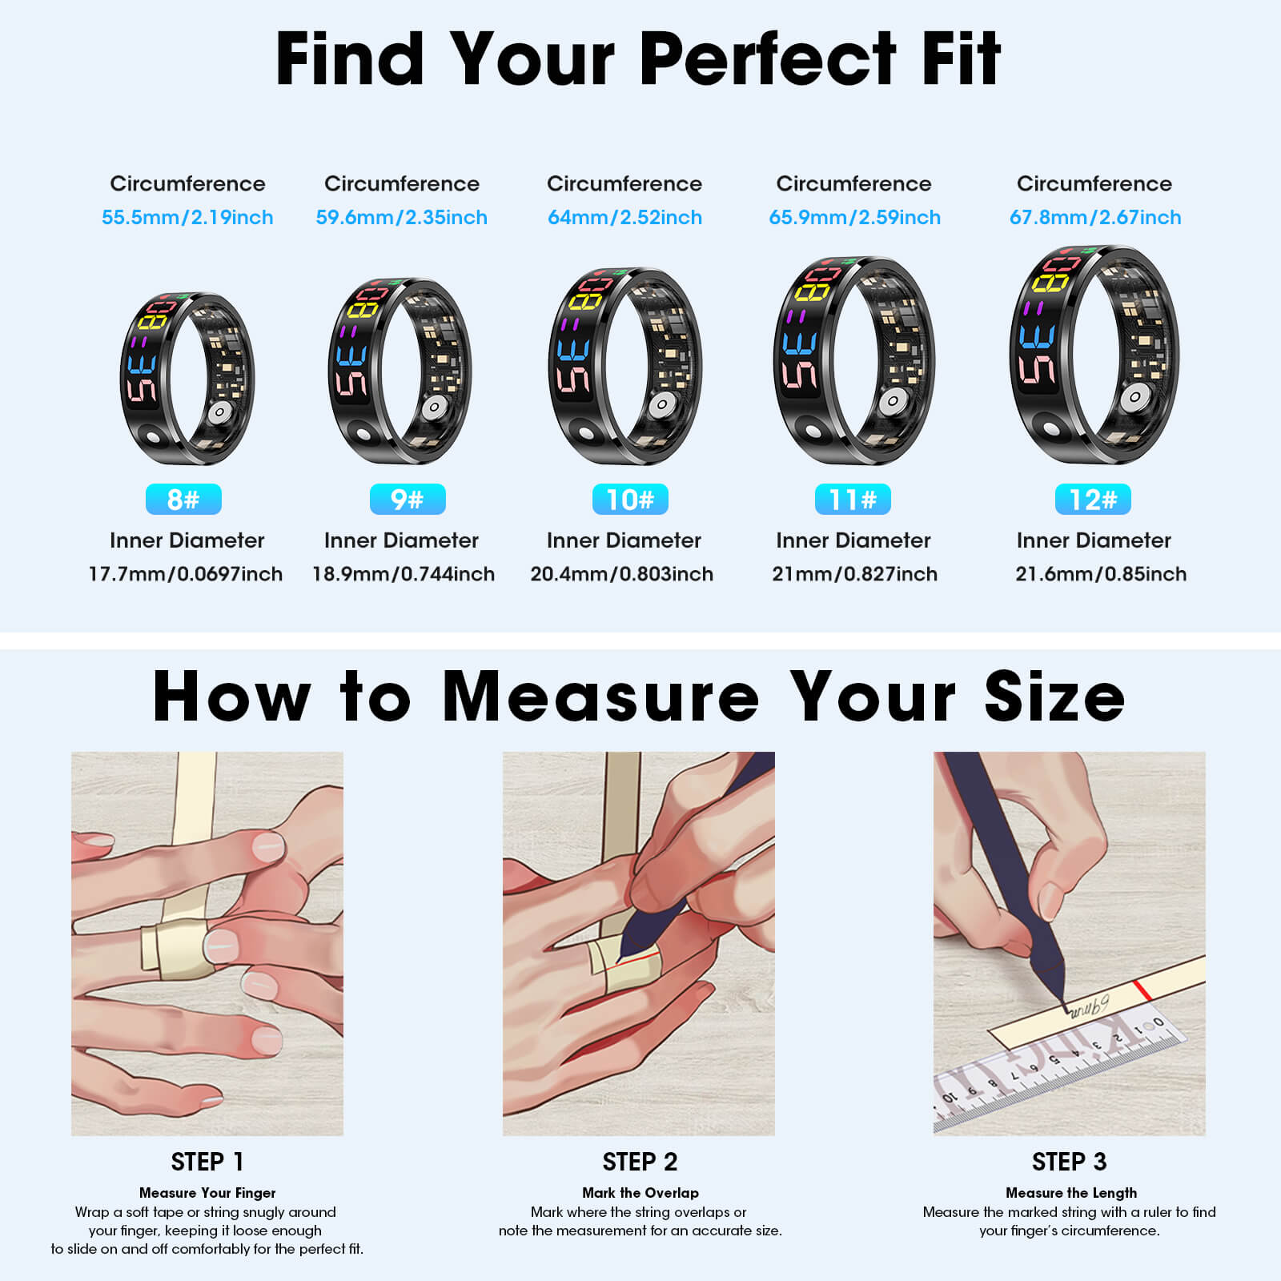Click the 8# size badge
tap(183, 500)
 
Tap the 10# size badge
tap(630, 500)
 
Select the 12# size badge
tap(1093, 500)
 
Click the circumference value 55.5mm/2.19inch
tap(187, 217)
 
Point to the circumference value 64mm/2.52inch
tap(624, 217)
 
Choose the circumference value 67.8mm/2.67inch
tap(1094, 217)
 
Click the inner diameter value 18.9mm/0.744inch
tap(403, 574)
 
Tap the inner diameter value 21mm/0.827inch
tap(854, 574)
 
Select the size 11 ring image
tap(853, 361)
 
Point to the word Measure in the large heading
tap(600, 697)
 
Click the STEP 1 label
tap(207, 1162)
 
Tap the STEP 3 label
tap(1069, 1162)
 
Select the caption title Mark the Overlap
tap(640, 1193)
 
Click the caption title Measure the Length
tap(1070, 1193)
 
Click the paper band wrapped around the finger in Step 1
tap(172, 950)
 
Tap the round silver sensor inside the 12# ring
tap(1134, 397)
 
